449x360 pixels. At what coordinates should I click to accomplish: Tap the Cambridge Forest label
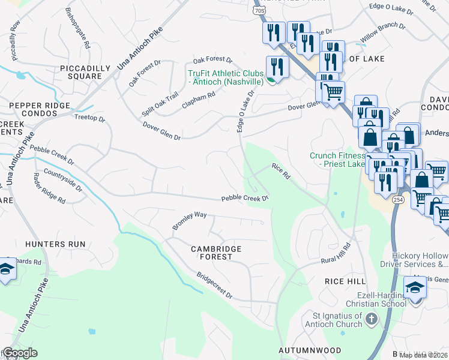click(216, 253)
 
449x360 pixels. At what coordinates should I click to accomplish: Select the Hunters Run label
click(55, 244)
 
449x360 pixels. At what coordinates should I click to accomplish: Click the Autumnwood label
click(310, 350)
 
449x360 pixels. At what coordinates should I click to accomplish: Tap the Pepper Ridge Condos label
click(41, 109)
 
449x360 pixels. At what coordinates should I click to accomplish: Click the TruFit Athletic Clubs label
click(226, 77)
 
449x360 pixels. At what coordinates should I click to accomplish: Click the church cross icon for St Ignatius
click(372, 318)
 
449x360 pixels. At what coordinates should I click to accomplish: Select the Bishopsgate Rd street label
click(79, 28)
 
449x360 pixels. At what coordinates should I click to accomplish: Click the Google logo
click(20, 353)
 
